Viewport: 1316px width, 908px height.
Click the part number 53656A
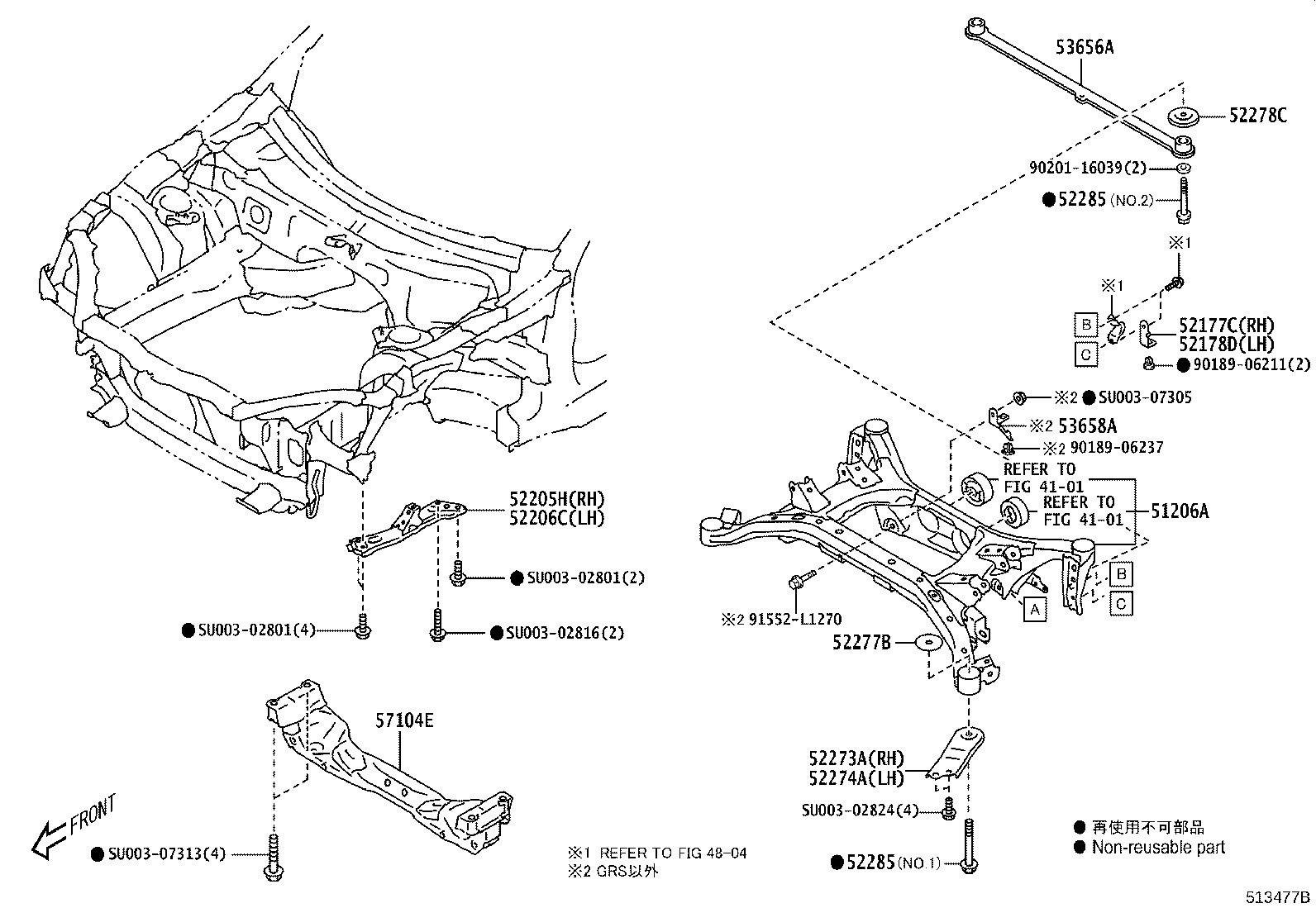[x=1084, y=47]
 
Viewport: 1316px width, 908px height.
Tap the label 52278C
[x=1257, y=116]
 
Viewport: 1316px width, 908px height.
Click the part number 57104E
[x=405, y=720]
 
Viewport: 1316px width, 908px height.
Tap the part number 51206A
[x=1180, y=511]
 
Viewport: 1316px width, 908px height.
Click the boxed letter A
[x=1034, y=610]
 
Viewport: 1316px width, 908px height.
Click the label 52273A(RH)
[x=856, y=758]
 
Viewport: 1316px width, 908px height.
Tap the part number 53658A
[x=1087, y=425]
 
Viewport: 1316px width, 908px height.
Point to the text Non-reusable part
[x=1157, y=847]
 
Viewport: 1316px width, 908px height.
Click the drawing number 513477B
[x=1280, y=897]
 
